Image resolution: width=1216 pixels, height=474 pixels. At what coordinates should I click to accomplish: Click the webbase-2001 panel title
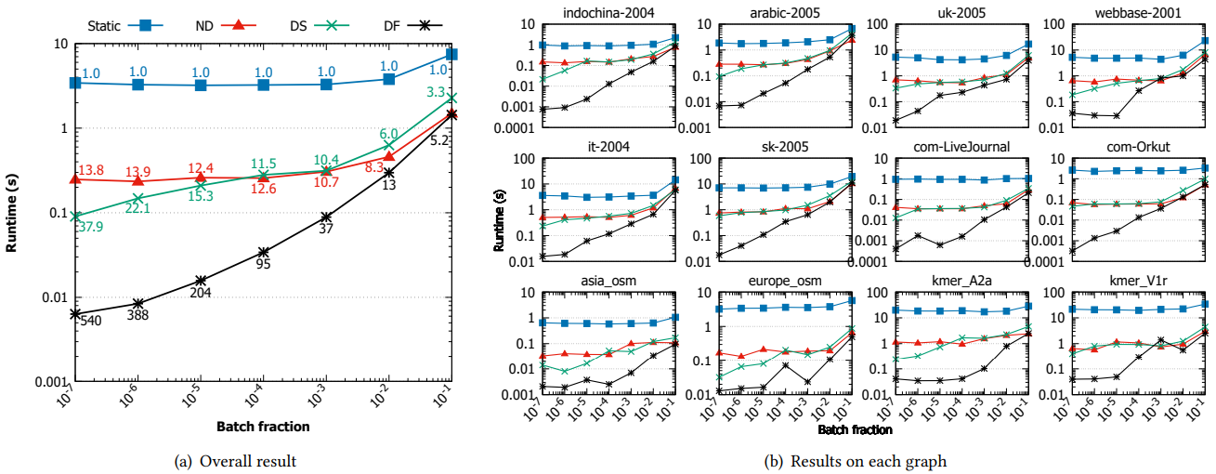pyautogui.click(x=1113, y=11)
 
